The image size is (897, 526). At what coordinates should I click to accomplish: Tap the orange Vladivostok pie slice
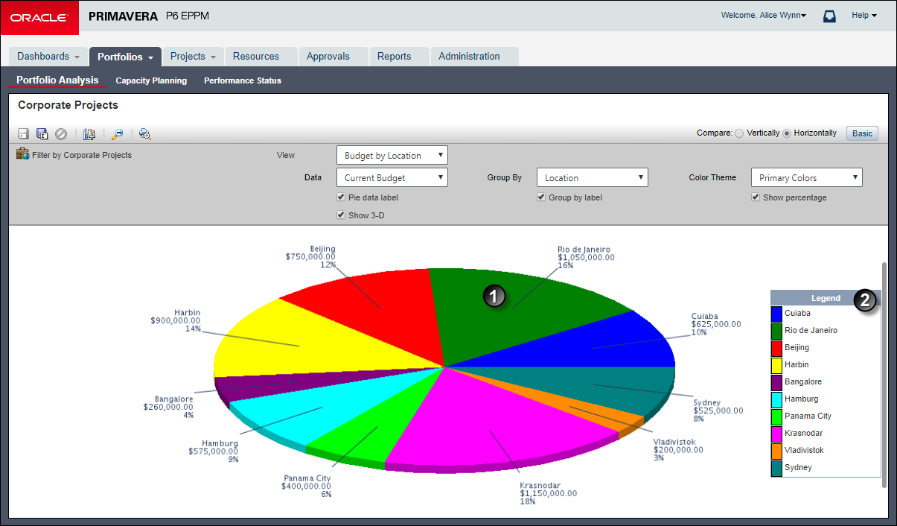tap(603, 414)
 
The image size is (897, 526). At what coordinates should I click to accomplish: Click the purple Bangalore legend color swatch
tap(776, 382)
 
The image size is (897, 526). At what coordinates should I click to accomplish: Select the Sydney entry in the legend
tap(798, 468)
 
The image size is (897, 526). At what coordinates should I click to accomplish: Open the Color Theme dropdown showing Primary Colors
tap(806, 178)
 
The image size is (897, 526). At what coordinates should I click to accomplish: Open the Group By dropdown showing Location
tap(592, 178)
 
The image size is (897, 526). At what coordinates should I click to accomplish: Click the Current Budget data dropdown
tap(392, 178)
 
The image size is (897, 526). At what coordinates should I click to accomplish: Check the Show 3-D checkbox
tap(342, 215)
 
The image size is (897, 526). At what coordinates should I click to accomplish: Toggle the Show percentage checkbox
tap(756, 197)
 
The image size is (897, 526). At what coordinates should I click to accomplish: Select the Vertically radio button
tap(739, 133)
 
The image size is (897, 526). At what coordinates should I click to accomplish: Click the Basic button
tap(862, 133)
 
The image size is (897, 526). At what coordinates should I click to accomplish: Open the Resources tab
tap(255, 57)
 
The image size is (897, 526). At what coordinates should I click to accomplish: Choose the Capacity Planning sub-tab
tap(151, 80)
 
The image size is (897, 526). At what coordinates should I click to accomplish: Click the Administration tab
tap(469, 57)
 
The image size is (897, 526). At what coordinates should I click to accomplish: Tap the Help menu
tap(864, 15)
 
